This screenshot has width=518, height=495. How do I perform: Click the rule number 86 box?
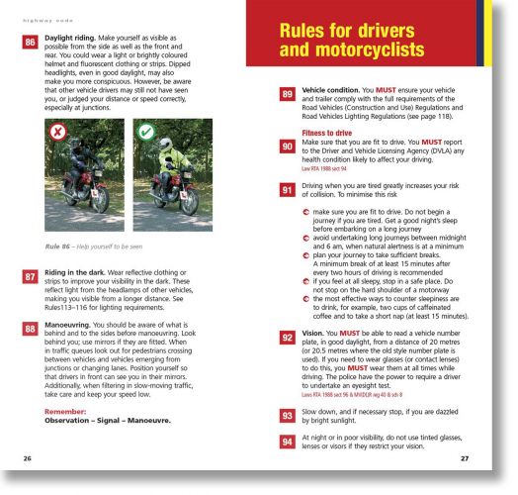31,43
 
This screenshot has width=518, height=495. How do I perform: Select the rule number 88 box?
31,328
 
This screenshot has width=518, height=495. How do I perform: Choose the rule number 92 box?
288,339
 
